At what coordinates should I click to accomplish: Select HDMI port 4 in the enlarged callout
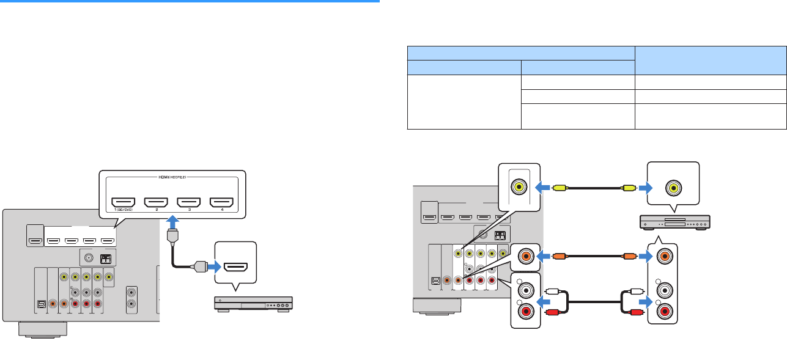221,202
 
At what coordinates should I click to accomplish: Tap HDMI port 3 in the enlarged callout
188,202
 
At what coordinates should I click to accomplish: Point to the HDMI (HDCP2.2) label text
172,178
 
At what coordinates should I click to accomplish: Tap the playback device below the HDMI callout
253,303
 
